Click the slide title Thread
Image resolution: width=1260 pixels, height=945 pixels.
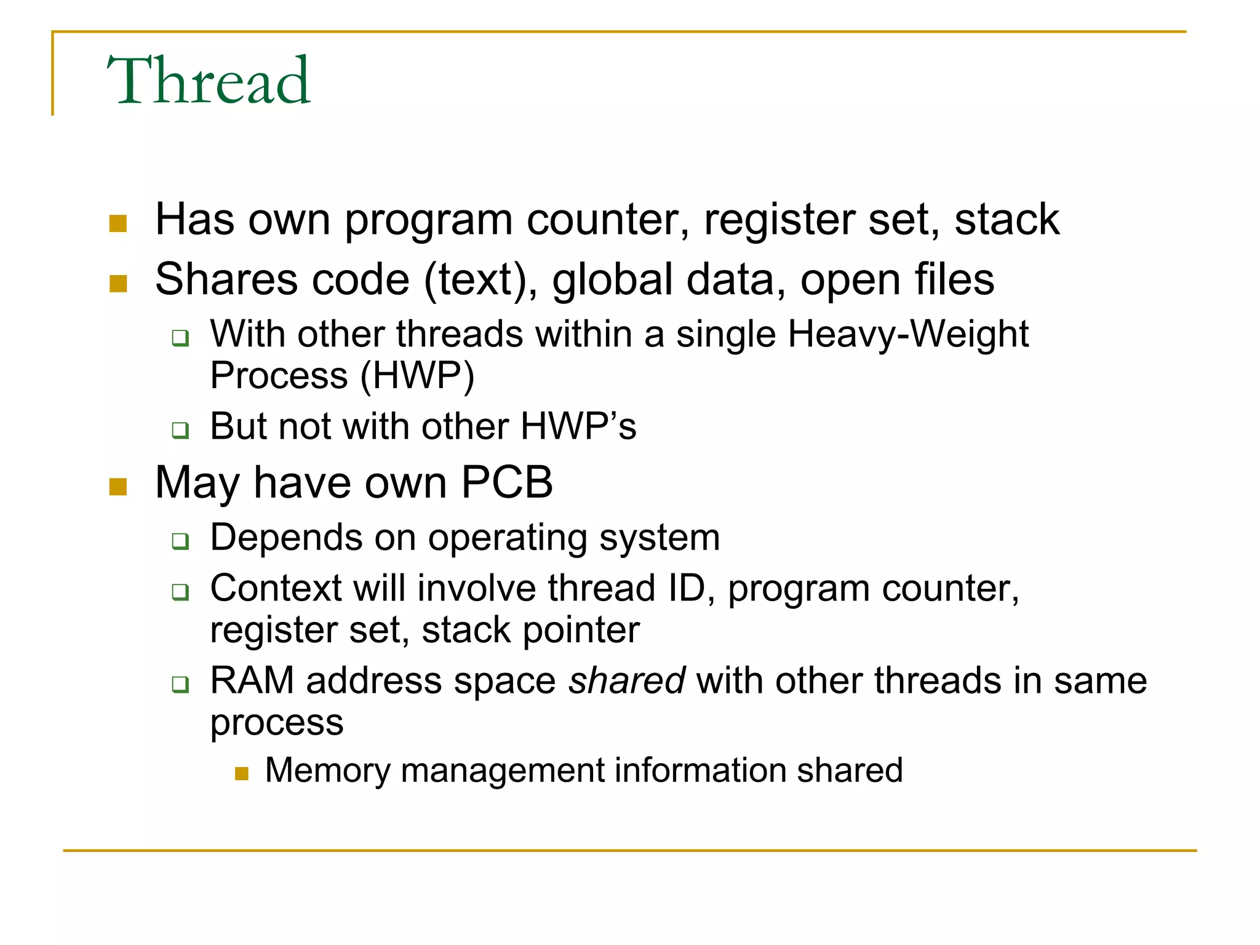(209, 81)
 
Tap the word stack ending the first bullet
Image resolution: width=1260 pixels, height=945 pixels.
(1007, 220)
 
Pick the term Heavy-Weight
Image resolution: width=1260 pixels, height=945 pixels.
(908, 335)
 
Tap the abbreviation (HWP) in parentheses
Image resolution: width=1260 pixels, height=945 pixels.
(417, 377)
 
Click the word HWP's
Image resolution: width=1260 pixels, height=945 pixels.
(578, 426)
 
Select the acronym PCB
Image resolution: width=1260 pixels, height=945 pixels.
(507, 482)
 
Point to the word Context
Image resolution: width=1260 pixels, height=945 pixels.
(276, 589)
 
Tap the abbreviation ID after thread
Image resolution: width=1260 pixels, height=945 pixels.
(686, 589)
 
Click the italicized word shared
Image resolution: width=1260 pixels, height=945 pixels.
(626, 681)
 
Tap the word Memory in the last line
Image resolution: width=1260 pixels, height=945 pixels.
(327, 771)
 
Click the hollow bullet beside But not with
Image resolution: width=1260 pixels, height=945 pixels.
(180, 429)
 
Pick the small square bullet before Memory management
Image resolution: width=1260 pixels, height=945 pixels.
(242, 773)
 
